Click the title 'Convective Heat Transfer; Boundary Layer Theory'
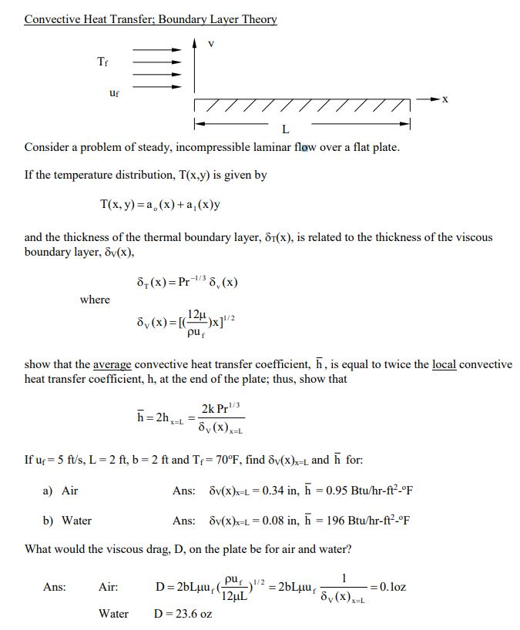point(150,19)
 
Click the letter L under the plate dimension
point(286,129)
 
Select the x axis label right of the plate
point(445,100)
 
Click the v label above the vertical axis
point(212,44)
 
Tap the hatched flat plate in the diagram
point(300,106)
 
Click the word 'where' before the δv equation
point(95,300)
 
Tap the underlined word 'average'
point(112,364)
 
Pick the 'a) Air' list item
point(60,491)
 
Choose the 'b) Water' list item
point(66,521)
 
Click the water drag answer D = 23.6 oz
point(183,614)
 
